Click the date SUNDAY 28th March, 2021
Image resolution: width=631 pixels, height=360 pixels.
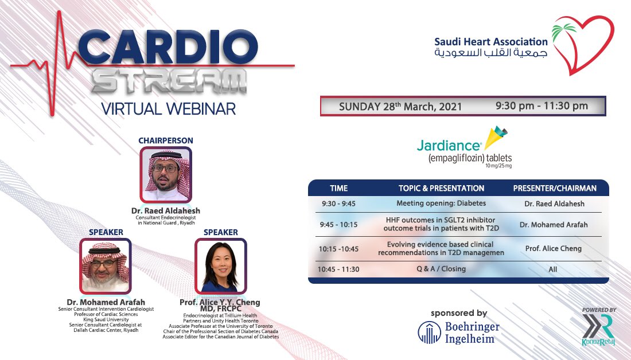400,107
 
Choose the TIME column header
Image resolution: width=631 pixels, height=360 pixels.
338,188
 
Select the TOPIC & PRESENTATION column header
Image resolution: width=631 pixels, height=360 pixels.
441,188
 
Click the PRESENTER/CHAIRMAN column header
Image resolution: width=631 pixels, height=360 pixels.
554,188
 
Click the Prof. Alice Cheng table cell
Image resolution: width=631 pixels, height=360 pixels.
553,249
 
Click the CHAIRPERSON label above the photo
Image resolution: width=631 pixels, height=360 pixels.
165,140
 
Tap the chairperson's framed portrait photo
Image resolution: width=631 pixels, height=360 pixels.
165,174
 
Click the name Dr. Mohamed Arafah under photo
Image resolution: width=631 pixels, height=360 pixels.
102,302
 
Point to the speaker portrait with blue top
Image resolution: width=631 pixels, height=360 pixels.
220,265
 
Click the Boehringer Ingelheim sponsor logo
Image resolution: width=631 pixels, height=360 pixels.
459,333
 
